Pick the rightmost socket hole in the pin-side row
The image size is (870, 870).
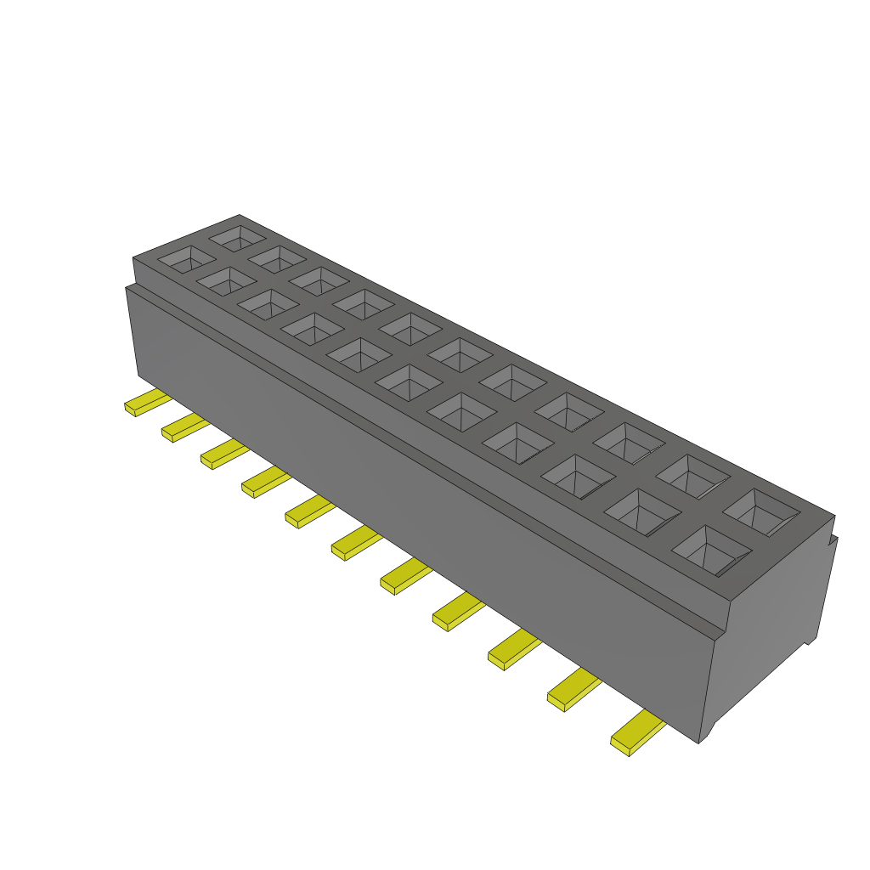click(711, 551)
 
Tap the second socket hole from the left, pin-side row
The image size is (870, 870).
click(226, 279)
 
